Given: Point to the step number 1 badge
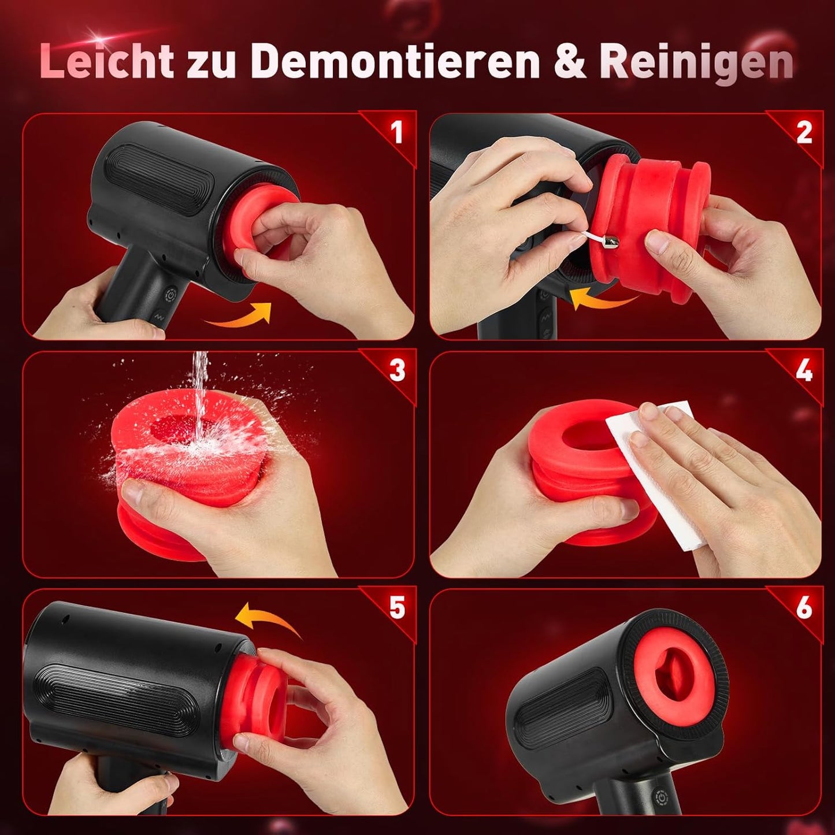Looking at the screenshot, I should click(396, 132).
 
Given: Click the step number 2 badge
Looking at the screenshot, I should click(804, 132).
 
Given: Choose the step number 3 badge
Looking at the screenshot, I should click(396, 370).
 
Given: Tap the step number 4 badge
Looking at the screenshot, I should click(804, 370).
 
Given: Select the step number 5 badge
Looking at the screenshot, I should click(396, 608).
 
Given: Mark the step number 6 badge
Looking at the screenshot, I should click(804, 608).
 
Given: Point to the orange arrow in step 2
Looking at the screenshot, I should click(601, 298).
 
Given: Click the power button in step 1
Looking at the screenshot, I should click(172, 296).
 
